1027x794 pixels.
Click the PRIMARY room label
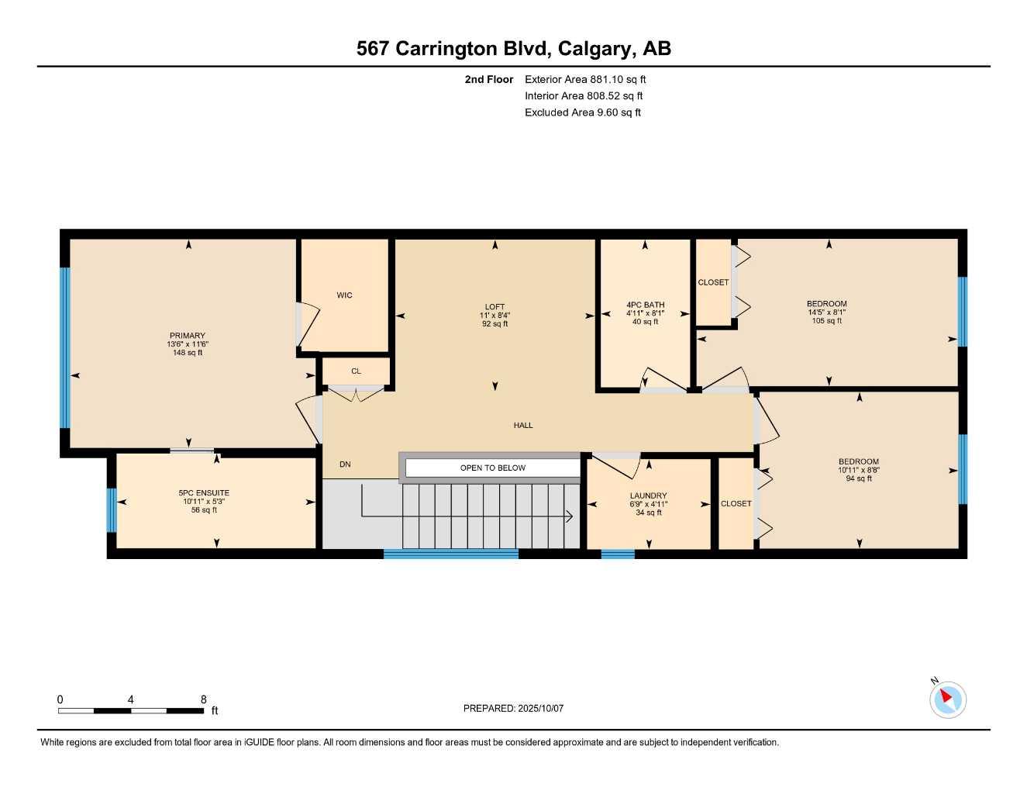(x=188, y=336)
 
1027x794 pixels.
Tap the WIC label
(x=344, y=295)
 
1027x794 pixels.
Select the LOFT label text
(x=495, y=307)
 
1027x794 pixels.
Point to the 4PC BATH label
(x=645, y=305)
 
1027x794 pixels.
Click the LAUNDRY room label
(x=648, y=495)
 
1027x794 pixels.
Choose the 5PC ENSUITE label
(x=204, y=493)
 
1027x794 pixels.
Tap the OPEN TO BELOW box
(x=492, y=468)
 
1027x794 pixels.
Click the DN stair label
(x=345, y=464)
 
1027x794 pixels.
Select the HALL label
(x=523, y=425)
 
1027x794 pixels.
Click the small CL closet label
(x=356, y=371)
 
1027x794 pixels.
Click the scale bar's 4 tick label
(x=130, y=699)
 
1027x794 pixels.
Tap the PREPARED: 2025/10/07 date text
(x=513, y=708)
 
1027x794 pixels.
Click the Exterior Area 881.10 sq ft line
(x=585, y=79)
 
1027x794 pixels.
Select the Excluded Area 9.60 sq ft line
(x=583, y=112)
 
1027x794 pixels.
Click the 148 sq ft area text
(x=188, y=353)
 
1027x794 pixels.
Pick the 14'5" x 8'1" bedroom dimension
(x=826, y=312)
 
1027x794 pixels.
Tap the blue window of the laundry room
(x=618, y=554)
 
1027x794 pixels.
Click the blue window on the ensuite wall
(x=112, y=509)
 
